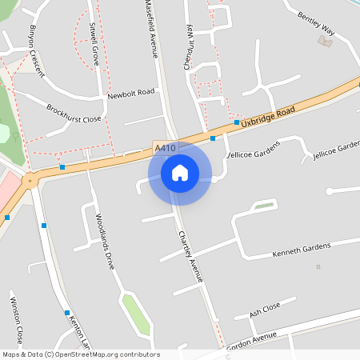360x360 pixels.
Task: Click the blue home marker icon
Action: click(x=180, y=173)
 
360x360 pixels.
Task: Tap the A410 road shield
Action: click(x=163, y=148)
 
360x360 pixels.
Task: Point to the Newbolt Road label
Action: click(x=130, y=94)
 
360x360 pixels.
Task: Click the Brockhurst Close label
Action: click(x=74, y=113)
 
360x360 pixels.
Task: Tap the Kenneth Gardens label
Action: click(x=301, y=251)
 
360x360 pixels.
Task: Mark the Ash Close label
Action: click(x=265, y=310)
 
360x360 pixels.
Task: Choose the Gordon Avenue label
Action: click(x=251, y=340)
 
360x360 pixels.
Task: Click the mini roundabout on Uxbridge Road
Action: click(x=30, y=180)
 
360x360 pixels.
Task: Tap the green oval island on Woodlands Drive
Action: click(x=136, y=314)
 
